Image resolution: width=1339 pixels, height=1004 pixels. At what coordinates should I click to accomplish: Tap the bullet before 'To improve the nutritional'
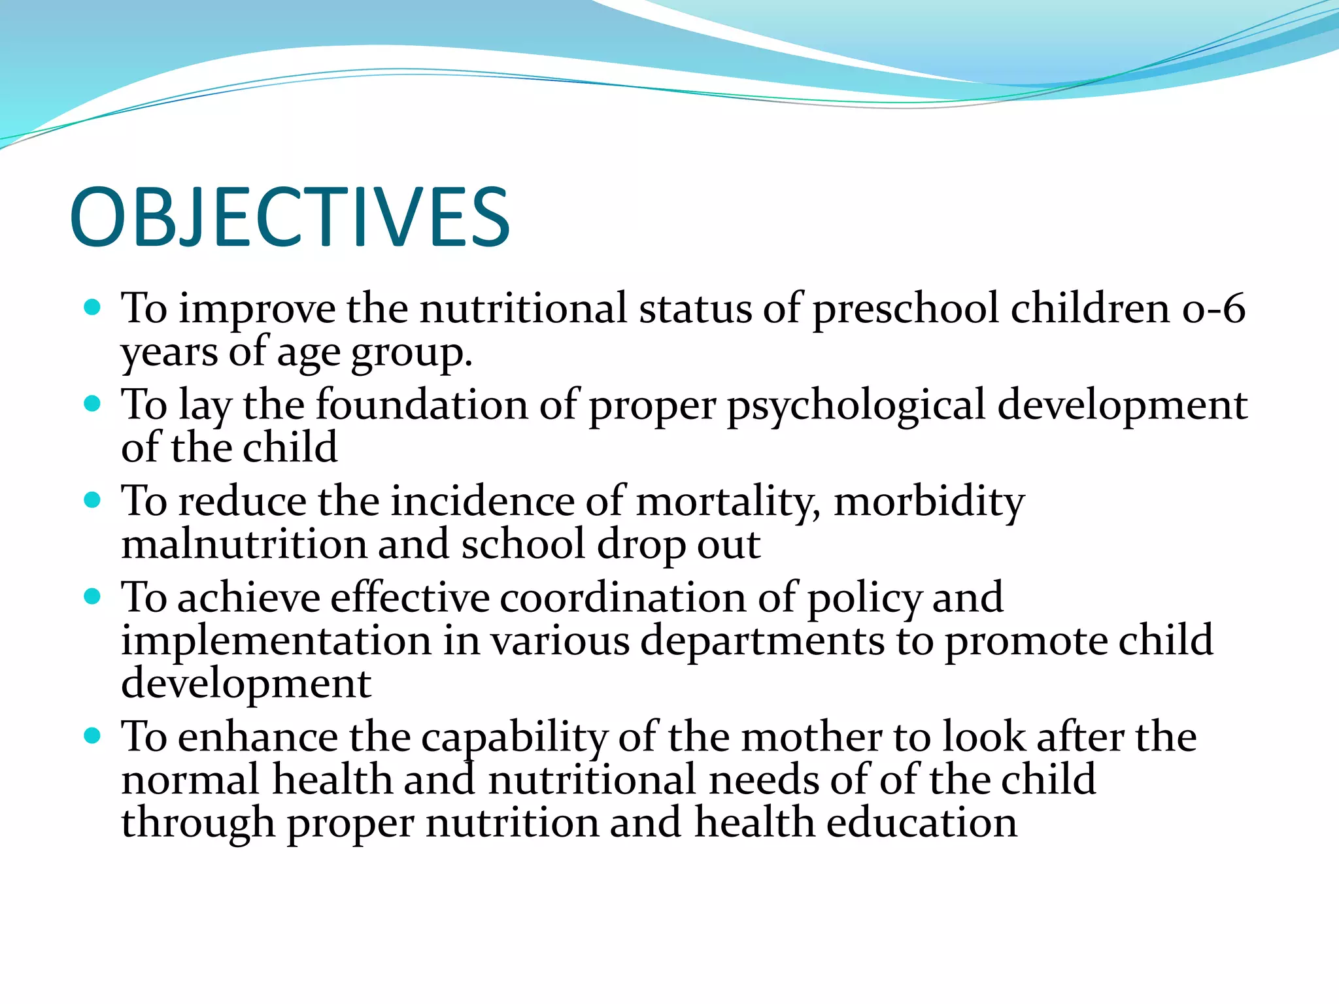click(x=93, y=307)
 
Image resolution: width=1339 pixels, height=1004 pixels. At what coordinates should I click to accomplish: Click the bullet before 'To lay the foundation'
click(x=93, y=403)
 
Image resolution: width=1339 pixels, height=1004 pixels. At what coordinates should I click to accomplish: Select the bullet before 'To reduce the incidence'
click(x=93, y=500)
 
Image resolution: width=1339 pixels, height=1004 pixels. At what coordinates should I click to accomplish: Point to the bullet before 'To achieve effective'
click(x=93, y=596)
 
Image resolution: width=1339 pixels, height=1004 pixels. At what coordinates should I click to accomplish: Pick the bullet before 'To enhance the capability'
click(x=93, y=736)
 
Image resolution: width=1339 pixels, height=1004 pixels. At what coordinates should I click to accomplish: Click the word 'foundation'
click(x=422, y=405)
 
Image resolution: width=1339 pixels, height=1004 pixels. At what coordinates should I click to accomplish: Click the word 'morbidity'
click(x=929, y=502)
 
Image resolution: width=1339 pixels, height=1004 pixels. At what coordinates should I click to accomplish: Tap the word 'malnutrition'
click(x=245, y=544)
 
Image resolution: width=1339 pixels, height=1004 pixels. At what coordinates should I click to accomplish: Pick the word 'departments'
click(x=762, y=641)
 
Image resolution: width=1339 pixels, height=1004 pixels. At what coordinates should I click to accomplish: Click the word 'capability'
click(x=514, y=738)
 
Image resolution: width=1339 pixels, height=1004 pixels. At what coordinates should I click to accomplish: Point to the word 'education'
click(x=921, y=823)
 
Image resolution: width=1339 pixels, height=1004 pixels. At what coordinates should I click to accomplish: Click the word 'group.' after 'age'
click(x=411, y=353)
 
